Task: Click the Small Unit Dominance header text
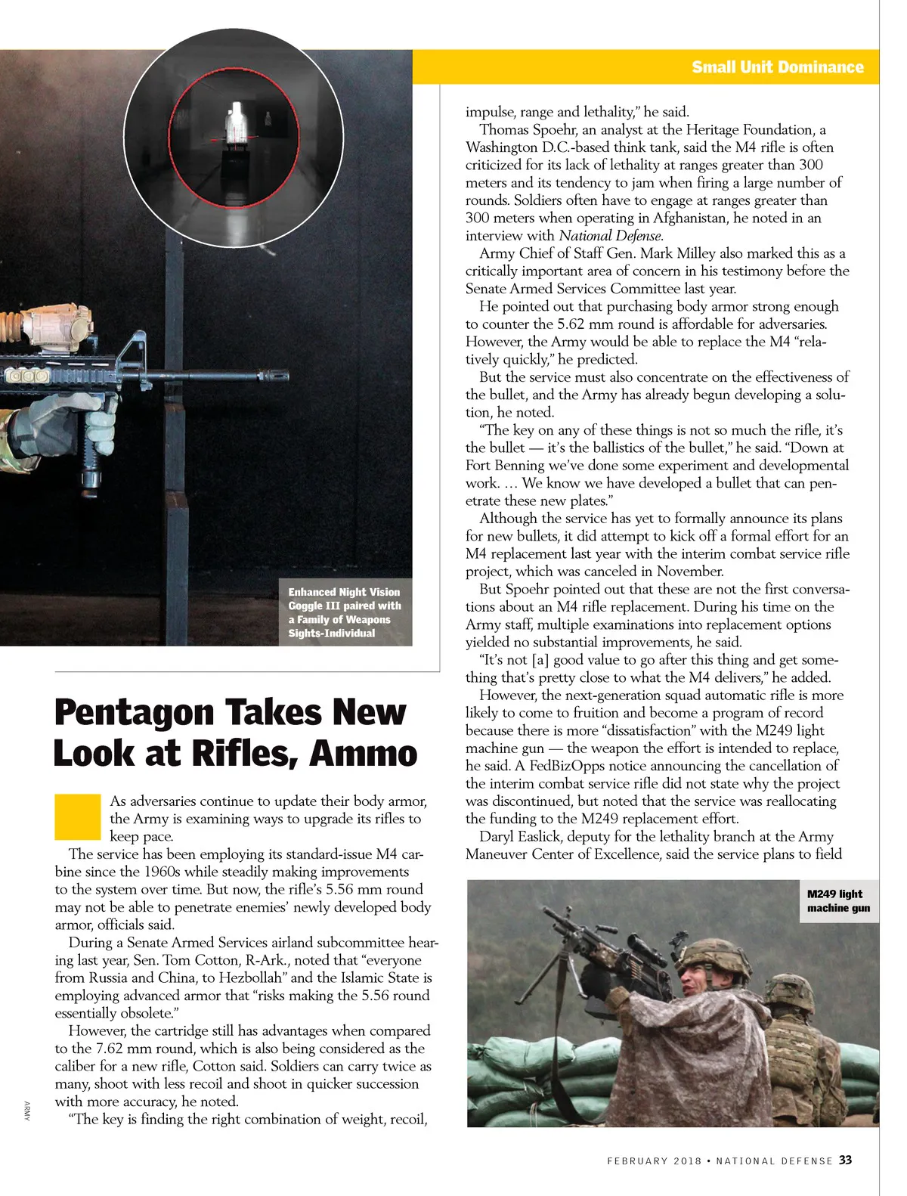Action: [777, 67]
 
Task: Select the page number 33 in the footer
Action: [845, 1160]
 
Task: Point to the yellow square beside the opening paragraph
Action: [77, 816]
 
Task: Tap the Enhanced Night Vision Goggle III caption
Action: [345, 612]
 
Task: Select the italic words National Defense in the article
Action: [610, 235]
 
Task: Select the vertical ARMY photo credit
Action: [26, 1111]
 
